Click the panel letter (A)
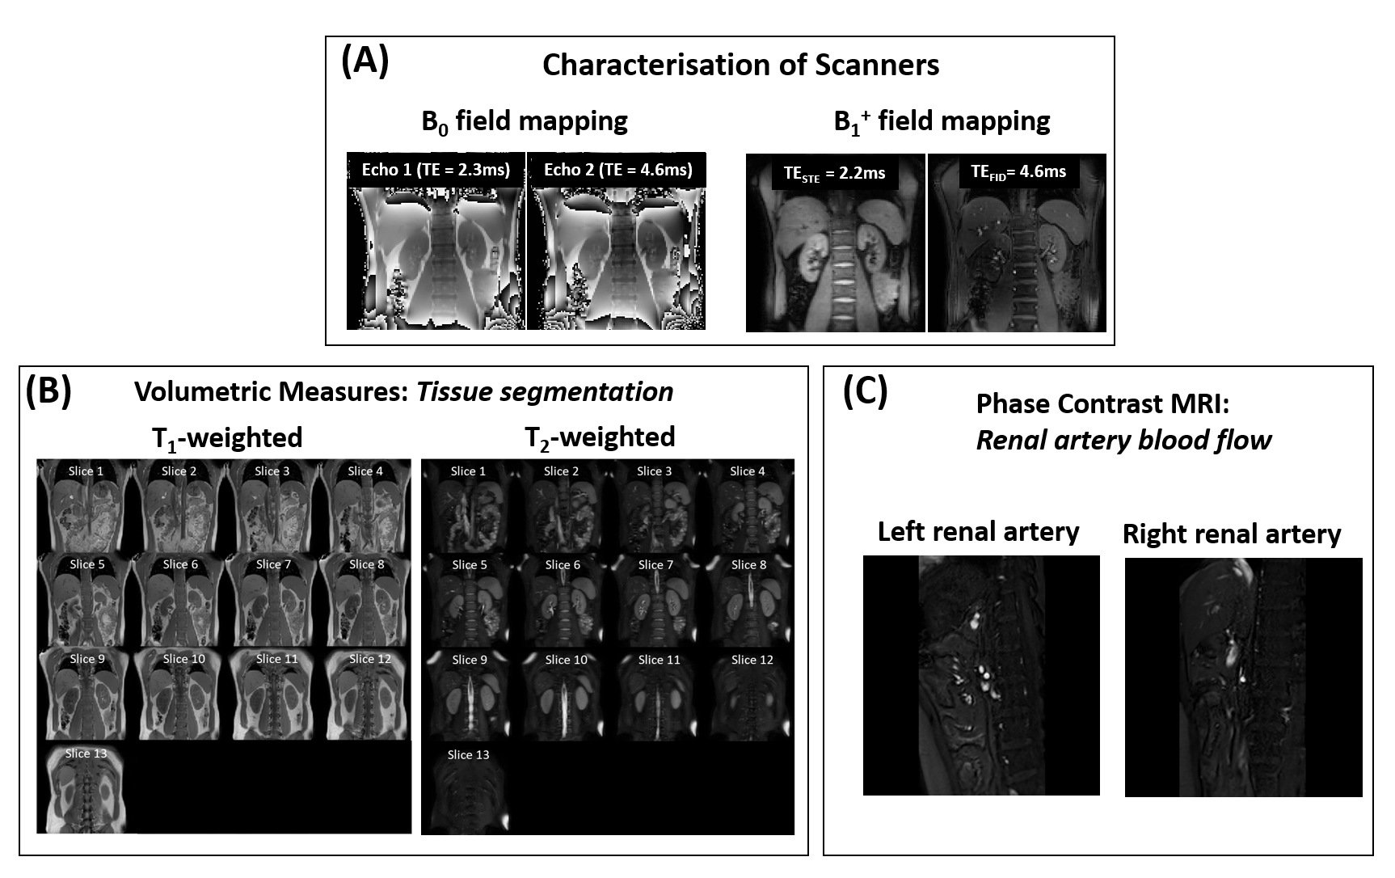[x=365, y=61]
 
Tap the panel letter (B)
[x=48, y=391]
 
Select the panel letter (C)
[x=865, y=391]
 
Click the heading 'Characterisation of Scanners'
[x=740, y=65]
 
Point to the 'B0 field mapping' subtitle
[x=525, y=122]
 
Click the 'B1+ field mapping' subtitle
[x=942, y=122]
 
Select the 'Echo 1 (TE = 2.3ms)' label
[x=436, y=170]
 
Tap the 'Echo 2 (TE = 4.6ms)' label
[x=617, y=170]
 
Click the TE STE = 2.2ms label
[x=834, y=173]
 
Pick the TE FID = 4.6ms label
[x=1018, y=171]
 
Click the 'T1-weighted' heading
[x=227, y=438]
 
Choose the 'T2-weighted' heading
[x=600, y=437]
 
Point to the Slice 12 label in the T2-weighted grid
[x=752, y=660]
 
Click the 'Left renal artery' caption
[x=978, y=532]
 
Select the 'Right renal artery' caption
[x=1232, y=534]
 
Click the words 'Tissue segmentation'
[x=545, y=392]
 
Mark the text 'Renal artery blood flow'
[x=1123, y=440]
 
